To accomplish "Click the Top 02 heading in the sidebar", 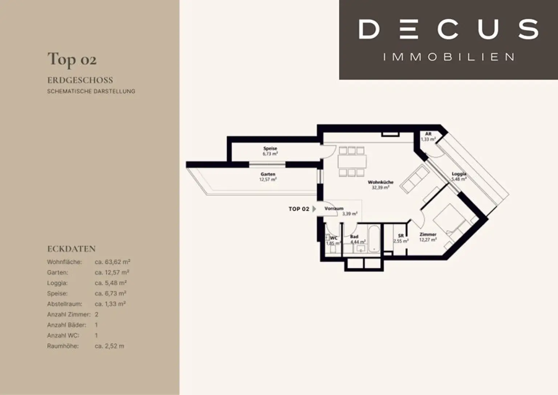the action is tap(72, 59).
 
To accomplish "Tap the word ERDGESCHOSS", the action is tap(80, 80).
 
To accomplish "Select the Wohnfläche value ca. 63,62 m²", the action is tap(112, 262).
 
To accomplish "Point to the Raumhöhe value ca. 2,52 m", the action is tap(109, 346).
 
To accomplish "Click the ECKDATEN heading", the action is tap(72, 249).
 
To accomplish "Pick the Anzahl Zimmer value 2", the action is tap(97, 314).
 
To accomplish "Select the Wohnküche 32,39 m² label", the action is tap(381, 185).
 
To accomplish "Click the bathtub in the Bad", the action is tap(374, 239).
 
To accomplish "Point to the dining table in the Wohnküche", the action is tap(352, 161).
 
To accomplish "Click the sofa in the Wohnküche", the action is tap(415, 179).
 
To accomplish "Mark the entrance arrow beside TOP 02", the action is tap(314, 209).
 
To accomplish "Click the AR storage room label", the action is tap(428, 137).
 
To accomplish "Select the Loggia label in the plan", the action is tap(459, 176).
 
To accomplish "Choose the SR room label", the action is tap(401, 238).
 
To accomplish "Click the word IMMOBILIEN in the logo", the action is tap(448, 57).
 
